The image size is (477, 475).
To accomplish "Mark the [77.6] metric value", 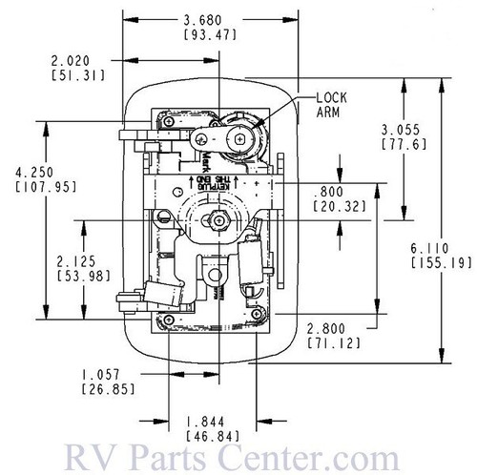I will pos(402,145).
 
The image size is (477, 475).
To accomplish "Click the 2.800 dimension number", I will pos(329,327).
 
